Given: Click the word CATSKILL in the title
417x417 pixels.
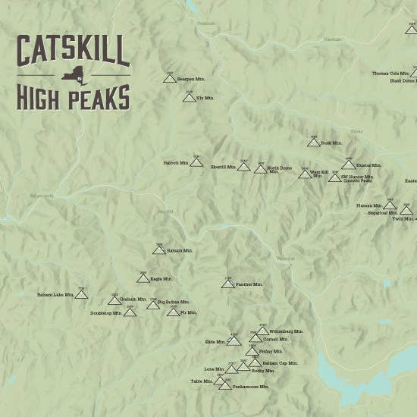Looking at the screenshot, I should point(73,52).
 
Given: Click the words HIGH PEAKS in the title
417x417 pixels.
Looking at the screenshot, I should point(73,97).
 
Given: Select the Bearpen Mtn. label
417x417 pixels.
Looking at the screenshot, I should point(191,79).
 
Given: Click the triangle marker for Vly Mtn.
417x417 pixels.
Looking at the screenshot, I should point(189,98).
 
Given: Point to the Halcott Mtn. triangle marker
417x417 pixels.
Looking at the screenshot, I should point(196,162).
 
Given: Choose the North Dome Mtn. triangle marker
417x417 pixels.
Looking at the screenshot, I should point(260,169).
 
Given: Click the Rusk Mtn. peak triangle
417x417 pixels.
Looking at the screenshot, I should point(313,143).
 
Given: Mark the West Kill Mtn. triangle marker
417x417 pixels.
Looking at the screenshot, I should point(305,174).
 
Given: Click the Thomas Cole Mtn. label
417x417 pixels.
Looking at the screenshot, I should point(390,74).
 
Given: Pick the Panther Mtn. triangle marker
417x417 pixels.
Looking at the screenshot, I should point(227,284).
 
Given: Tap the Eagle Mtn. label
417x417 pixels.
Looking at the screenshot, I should point(161,279).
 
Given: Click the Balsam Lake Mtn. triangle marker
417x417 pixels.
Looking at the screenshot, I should point(81,295).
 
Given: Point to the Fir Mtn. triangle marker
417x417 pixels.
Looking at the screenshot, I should point(174,312).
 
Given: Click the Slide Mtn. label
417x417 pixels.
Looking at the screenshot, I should point(215,342).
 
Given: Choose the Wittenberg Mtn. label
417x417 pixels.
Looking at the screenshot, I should point(287,331).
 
